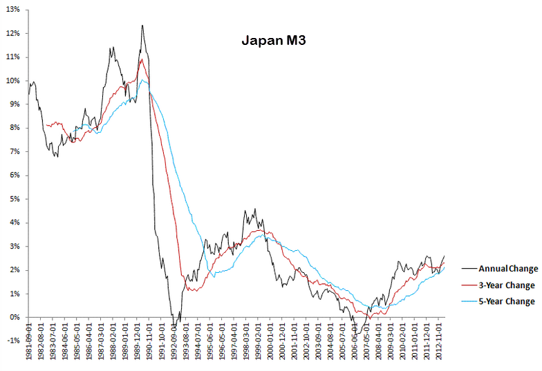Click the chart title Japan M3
(274, 41)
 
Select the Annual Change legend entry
(508, 269)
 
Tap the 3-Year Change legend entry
(507, 285)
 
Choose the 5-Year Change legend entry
(507, 301)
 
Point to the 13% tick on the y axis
(12, 10)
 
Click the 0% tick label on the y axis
(15, 317)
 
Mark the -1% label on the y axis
(13, 341)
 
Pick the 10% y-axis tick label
(12, 81)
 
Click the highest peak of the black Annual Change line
(142, 26)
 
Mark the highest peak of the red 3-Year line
(141, 59)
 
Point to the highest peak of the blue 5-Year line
(142, 80)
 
